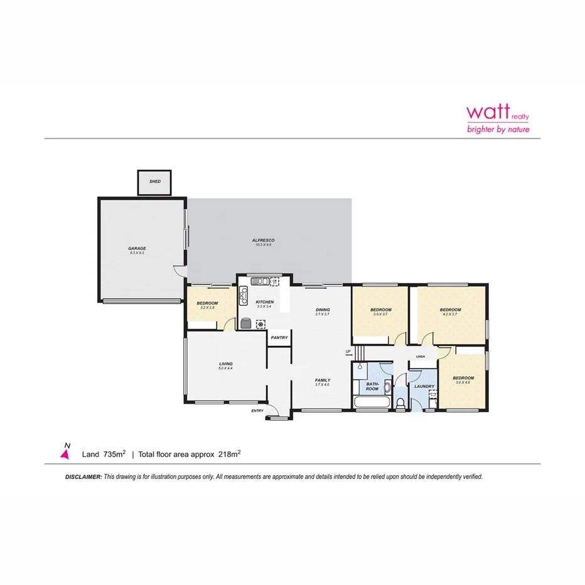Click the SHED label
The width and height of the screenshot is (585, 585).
click(155, 181)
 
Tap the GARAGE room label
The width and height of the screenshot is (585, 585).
click(137, 249)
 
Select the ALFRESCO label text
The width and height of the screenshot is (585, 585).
click(264, 240)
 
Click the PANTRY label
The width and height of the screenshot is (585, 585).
click(279, 338)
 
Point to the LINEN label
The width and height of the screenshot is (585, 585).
click(421, 357)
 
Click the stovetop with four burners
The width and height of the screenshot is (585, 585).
click(243, 295)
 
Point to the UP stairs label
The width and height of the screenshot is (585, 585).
click(347, 352)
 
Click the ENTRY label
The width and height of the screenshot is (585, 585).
click(257, 411)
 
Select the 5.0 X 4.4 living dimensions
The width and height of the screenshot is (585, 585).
click(226, 368)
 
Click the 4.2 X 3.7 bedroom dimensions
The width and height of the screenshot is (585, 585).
click(450, 314)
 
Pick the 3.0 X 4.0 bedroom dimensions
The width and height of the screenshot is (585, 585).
click(464, 382)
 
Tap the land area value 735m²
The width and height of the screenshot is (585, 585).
click(114, 453)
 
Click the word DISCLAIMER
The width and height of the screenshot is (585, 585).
click(83, 477)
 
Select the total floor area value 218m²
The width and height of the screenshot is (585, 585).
click(229, 453)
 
